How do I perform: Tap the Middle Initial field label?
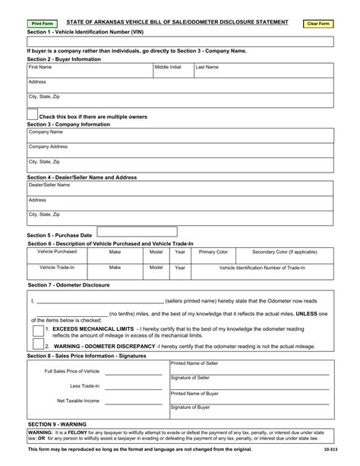(168, 67)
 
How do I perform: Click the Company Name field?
(180, 135)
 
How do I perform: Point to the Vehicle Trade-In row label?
(57, 268)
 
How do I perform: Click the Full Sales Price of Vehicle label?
(72, 371)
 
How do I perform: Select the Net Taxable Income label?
(78, 400)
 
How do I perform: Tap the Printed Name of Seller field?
(250, 366)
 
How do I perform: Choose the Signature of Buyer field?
(250, 411)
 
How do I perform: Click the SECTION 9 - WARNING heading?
(57, 423)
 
